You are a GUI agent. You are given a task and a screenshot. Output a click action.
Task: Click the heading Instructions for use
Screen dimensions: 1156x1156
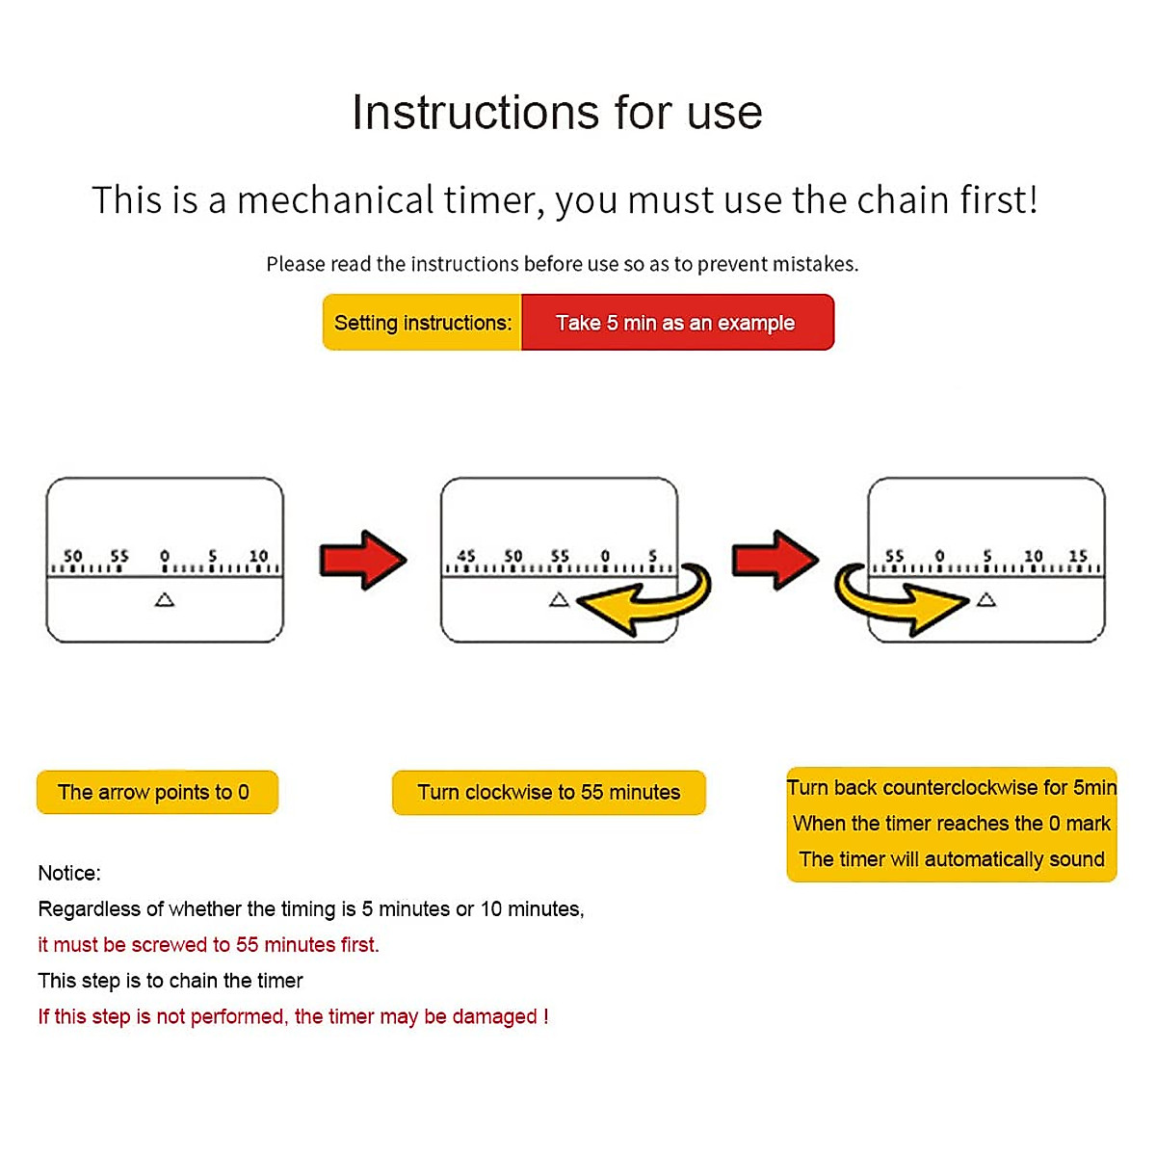[557, 113]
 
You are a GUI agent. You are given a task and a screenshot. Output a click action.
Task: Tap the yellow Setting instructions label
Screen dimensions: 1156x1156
[422, 323]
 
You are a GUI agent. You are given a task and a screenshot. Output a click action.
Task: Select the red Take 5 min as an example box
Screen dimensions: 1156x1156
[676, 323]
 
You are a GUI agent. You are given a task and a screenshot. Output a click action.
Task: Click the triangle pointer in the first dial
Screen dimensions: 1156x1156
[165, 600]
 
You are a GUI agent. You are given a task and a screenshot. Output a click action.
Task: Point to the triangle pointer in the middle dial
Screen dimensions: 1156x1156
[559, 600]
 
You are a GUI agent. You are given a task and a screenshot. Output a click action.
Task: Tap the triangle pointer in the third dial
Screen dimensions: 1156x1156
[985, 600]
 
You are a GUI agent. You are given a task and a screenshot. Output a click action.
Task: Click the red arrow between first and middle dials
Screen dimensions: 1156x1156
[362, 560]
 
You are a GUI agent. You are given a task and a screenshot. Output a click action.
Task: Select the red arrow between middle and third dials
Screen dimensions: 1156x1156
[775, 560]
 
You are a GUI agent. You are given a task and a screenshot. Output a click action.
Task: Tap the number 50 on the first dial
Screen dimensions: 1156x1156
[73, 556]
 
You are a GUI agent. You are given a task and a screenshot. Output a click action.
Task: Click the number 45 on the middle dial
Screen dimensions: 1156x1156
[466, 556]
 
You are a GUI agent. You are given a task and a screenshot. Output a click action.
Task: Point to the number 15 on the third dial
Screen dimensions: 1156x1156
[1078, 556]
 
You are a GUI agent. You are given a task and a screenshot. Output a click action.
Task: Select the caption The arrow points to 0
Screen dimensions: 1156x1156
[154, 793]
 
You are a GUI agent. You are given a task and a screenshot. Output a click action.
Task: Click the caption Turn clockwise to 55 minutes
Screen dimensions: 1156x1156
[548, 793]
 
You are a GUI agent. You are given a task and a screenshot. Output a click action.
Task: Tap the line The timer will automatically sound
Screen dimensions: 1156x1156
[952, 859]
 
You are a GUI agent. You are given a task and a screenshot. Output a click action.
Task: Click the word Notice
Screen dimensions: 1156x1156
[67, 873]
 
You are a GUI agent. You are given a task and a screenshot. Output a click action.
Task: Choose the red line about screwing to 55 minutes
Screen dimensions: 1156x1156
[208, 945]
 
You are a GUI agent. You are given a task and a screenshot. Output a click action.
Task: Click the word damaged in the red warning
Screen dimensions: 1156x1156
[494, 1016]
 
